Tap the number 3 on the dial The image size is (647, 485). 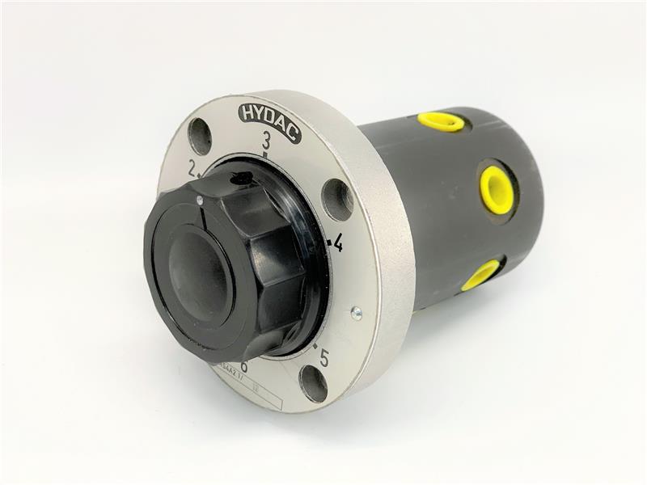point(266,141)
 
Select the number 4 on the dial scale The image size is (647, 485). point(337,242)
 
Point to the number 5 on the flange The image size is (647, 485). point(323,356)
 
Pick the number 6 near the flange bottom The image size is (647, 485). point(243,368)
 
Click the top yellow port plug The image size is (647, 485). point(442,122)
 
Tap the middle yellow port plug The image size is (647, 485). point(496,190)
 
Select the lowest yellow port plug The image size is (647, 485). point(481,275)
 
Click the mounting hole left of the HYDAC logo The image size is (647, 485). point(200,136)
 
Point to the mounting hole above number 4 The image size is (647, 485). point(337,199)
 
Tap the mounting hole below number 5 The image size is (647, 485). point(314,383)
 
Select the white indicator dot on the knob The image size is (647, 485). point(200,200)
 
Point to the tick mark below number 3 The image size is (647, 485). point(265,153)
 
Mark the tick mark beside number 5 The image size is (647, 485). point(315,347)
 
